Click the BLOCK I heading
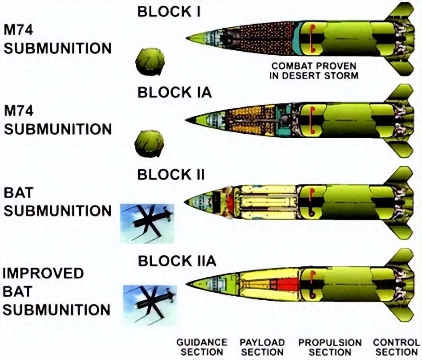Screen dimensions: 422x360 point(169,12)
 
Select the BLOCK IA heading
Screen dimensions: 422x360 point(175,92)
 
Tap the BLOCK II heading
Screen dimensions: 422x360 point(171,174)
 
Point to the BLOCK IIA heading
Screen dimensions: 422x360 point(177,261)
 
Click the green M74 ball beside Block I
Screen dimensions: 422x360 point(149,62)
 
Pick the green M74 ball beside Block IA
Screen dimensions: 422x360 point(149,144)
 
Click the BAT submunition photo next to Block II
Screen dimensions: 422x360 point(147,224)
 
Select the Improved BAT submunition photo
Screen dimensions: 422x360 point(150,305)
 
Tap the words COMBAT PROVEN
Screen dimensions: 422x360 point(314,66)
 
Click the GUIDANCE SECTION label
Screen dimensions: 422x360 point(202,347)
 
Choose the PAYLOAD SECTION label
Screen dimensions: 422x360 point(262,347)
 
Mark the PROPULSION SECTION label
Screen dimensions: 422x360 point(330,347)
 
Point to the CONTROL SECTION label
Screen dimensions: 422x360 point(397,347)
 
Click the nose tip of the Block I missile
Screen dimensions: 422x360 point(186,38)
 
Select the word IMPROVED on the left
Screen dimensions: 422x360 point(44,273)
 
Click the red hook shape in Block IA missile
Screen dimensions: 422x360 point(313,119)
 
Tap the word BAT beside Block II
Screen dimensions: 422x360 point(18,193)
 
